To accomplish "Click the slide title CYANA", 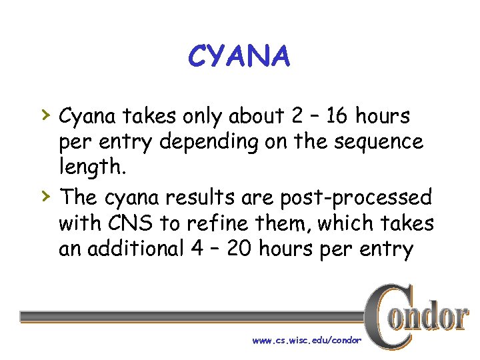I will click(239, 57).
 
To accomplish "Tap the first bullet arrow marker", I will click(45, 115).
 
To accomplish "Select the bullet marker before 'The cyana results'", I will click(45, 196).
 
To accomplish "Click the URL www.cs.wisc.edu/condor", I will click(307, 340).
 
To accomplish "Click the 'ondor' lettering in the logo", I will click(434, 317).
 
